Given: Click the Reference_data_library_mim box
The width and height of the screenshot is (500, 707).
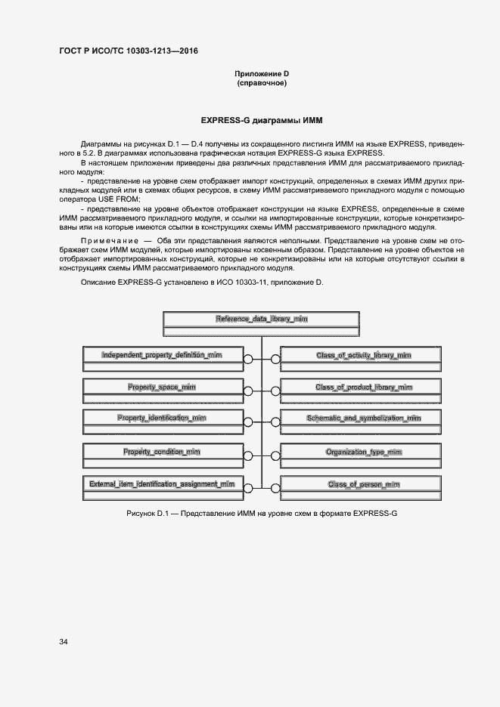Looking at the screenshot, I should tap(261, 319).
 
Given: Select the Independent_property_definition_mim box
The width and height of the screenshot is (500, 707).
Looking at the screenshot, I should tap(161, 354).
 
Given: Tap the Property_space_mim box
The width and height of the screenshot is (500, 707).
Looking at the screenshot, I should tap(161, 387).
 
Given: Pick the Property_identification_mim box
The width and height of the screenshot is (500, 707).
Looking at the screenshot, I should tap(161, 418).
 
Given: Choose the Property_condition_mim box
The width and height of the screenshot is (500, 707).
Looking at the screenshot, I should tap(161, 452).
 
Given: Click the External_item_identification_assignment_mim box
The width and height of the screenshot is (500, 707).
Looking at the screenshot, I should tap(161, 483).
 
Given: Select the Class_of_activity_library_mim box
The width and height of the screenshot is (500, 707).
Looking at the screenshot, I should tap(363, 354).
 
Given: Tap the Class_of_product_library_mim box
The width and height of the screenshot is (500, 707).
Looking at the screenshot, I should tap(363, 387).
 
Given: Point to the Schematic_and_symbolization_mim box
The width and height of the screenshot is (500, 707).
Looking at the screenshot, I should tap(363, 418).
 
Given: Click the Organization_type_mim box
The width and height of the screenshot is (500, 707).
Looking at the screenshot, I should tap(363, 452).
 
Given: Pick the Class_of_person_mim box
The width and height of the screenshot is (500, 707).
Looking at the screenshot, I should tap(363, 483).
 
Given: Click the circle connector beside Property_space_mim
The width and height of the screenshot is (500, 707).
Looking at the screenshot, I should tap(248, 391).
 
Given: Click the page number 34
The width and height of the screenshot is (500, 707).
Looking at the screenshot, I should tap(63, 641).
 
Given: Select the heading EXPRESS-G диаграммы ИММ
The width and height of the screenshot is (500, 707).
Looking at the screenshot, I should tap(261, 119).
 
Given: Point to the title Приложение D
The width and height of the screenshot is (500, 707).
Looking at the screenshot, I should tap(261, 73).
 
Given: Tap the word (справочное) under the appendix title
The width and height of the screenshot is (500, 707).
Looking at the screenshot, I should tap(261, 82).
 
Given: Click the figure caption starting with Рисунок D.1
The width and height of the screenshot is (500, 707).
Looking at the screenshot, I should tap(262, 513).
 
